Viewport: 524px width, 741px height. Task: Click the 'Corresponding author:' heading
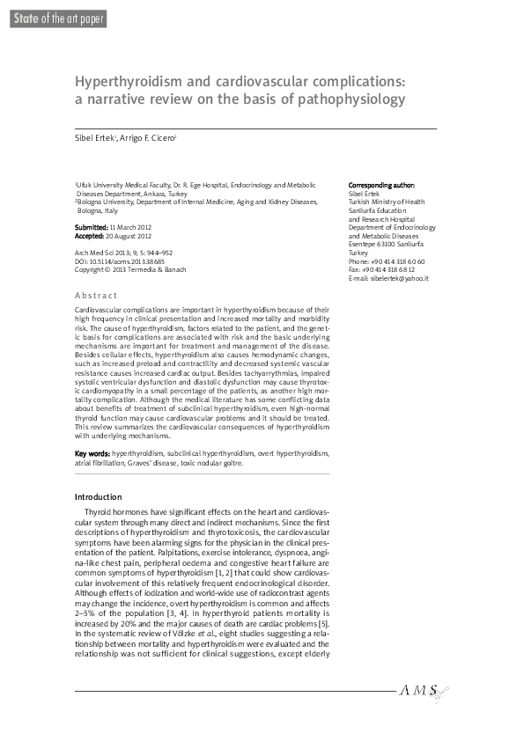(x=381, y=185)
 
